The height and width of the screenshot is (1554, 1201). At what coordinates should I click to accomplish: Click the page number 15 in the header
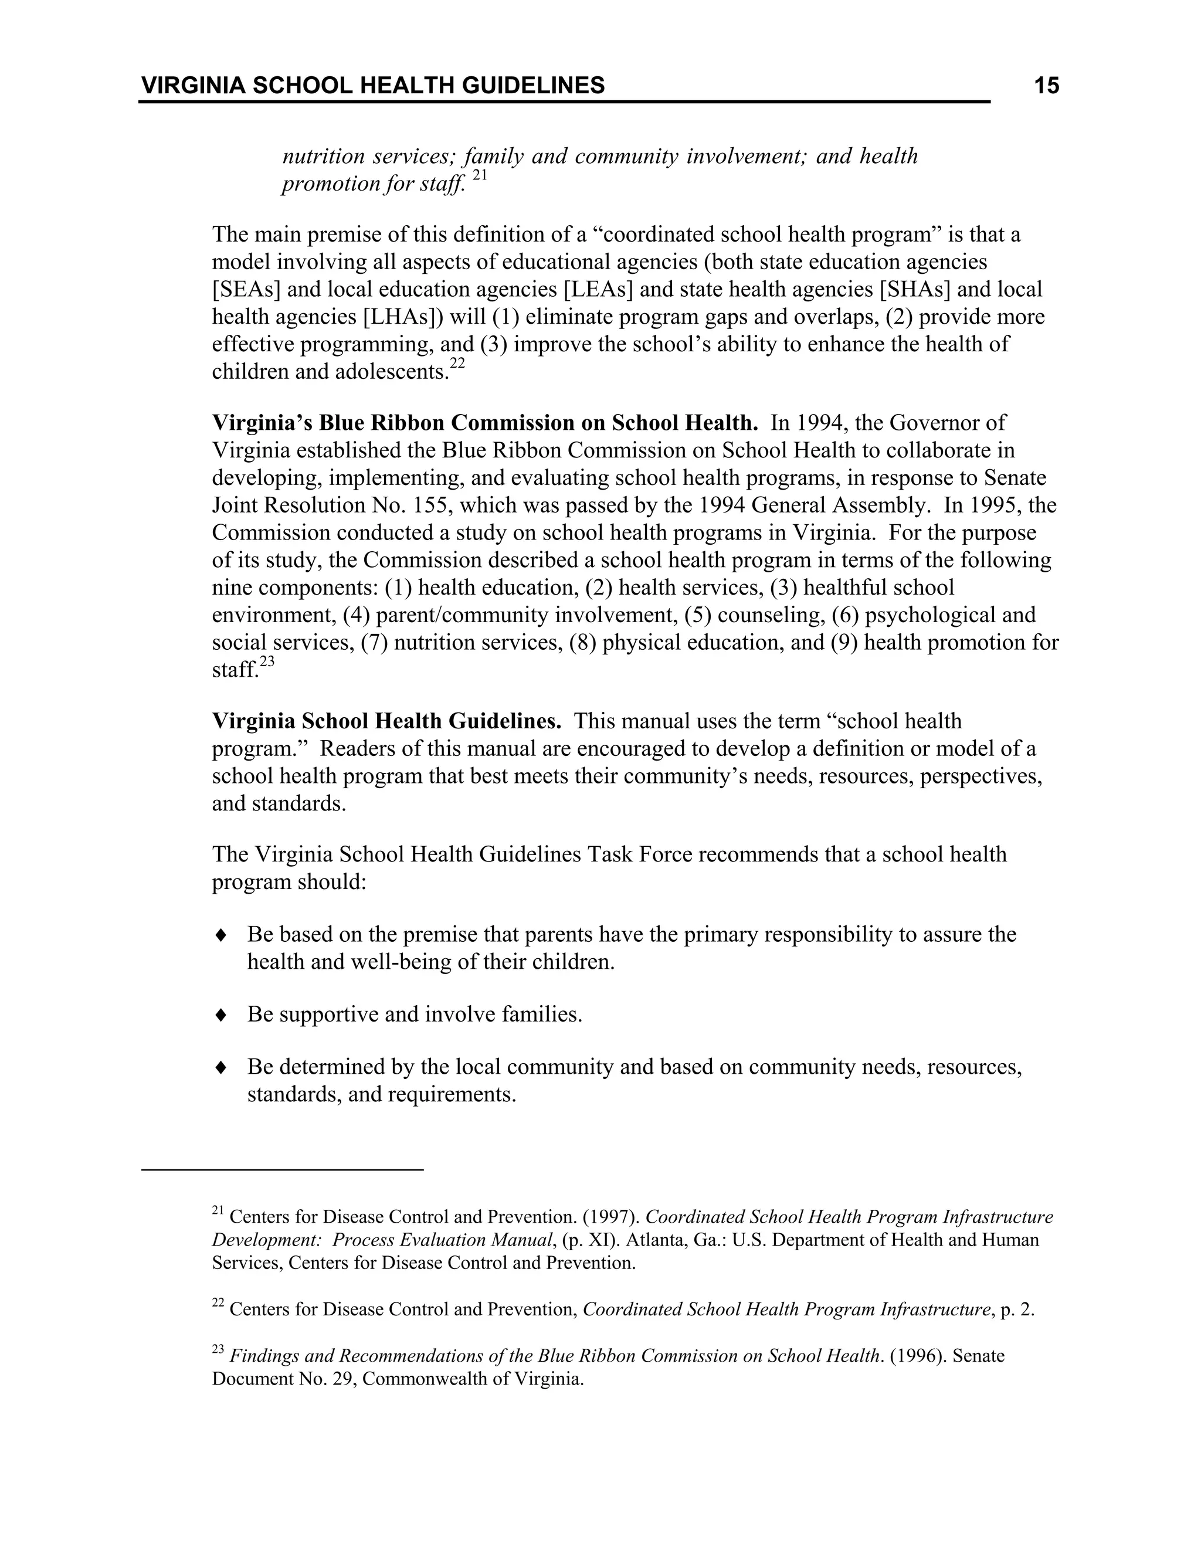(x=1046, y=86)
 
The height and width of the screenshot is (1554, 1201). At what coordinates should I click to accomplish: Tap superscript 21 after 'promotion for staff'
(x=479, y=175)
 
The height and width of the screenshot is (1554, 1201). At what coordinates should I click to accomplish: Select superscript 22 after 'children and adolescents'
(x=457, y=364)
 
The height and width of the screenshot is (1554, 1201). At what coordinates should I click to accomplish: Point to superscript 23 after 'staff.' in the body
(x=267, y=661)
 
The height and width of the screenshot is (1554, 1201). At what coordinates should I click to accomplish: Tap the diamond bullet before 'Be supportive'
(x=220, y=1014)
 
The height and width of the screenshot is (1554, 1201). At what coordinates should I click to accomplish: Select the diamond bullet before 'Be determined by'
(x=220, y=1067)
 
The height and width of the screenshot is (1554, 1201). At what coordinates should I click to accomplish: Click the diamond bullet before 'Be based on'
(x=220, y=935)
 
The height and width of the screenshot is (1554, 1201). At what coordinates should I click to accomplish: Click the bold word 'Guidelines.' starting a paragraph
(x=504, y=721)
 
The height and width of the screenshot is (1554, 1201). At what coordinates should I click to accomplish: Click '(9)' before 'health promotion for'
(x=844, y=643)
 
